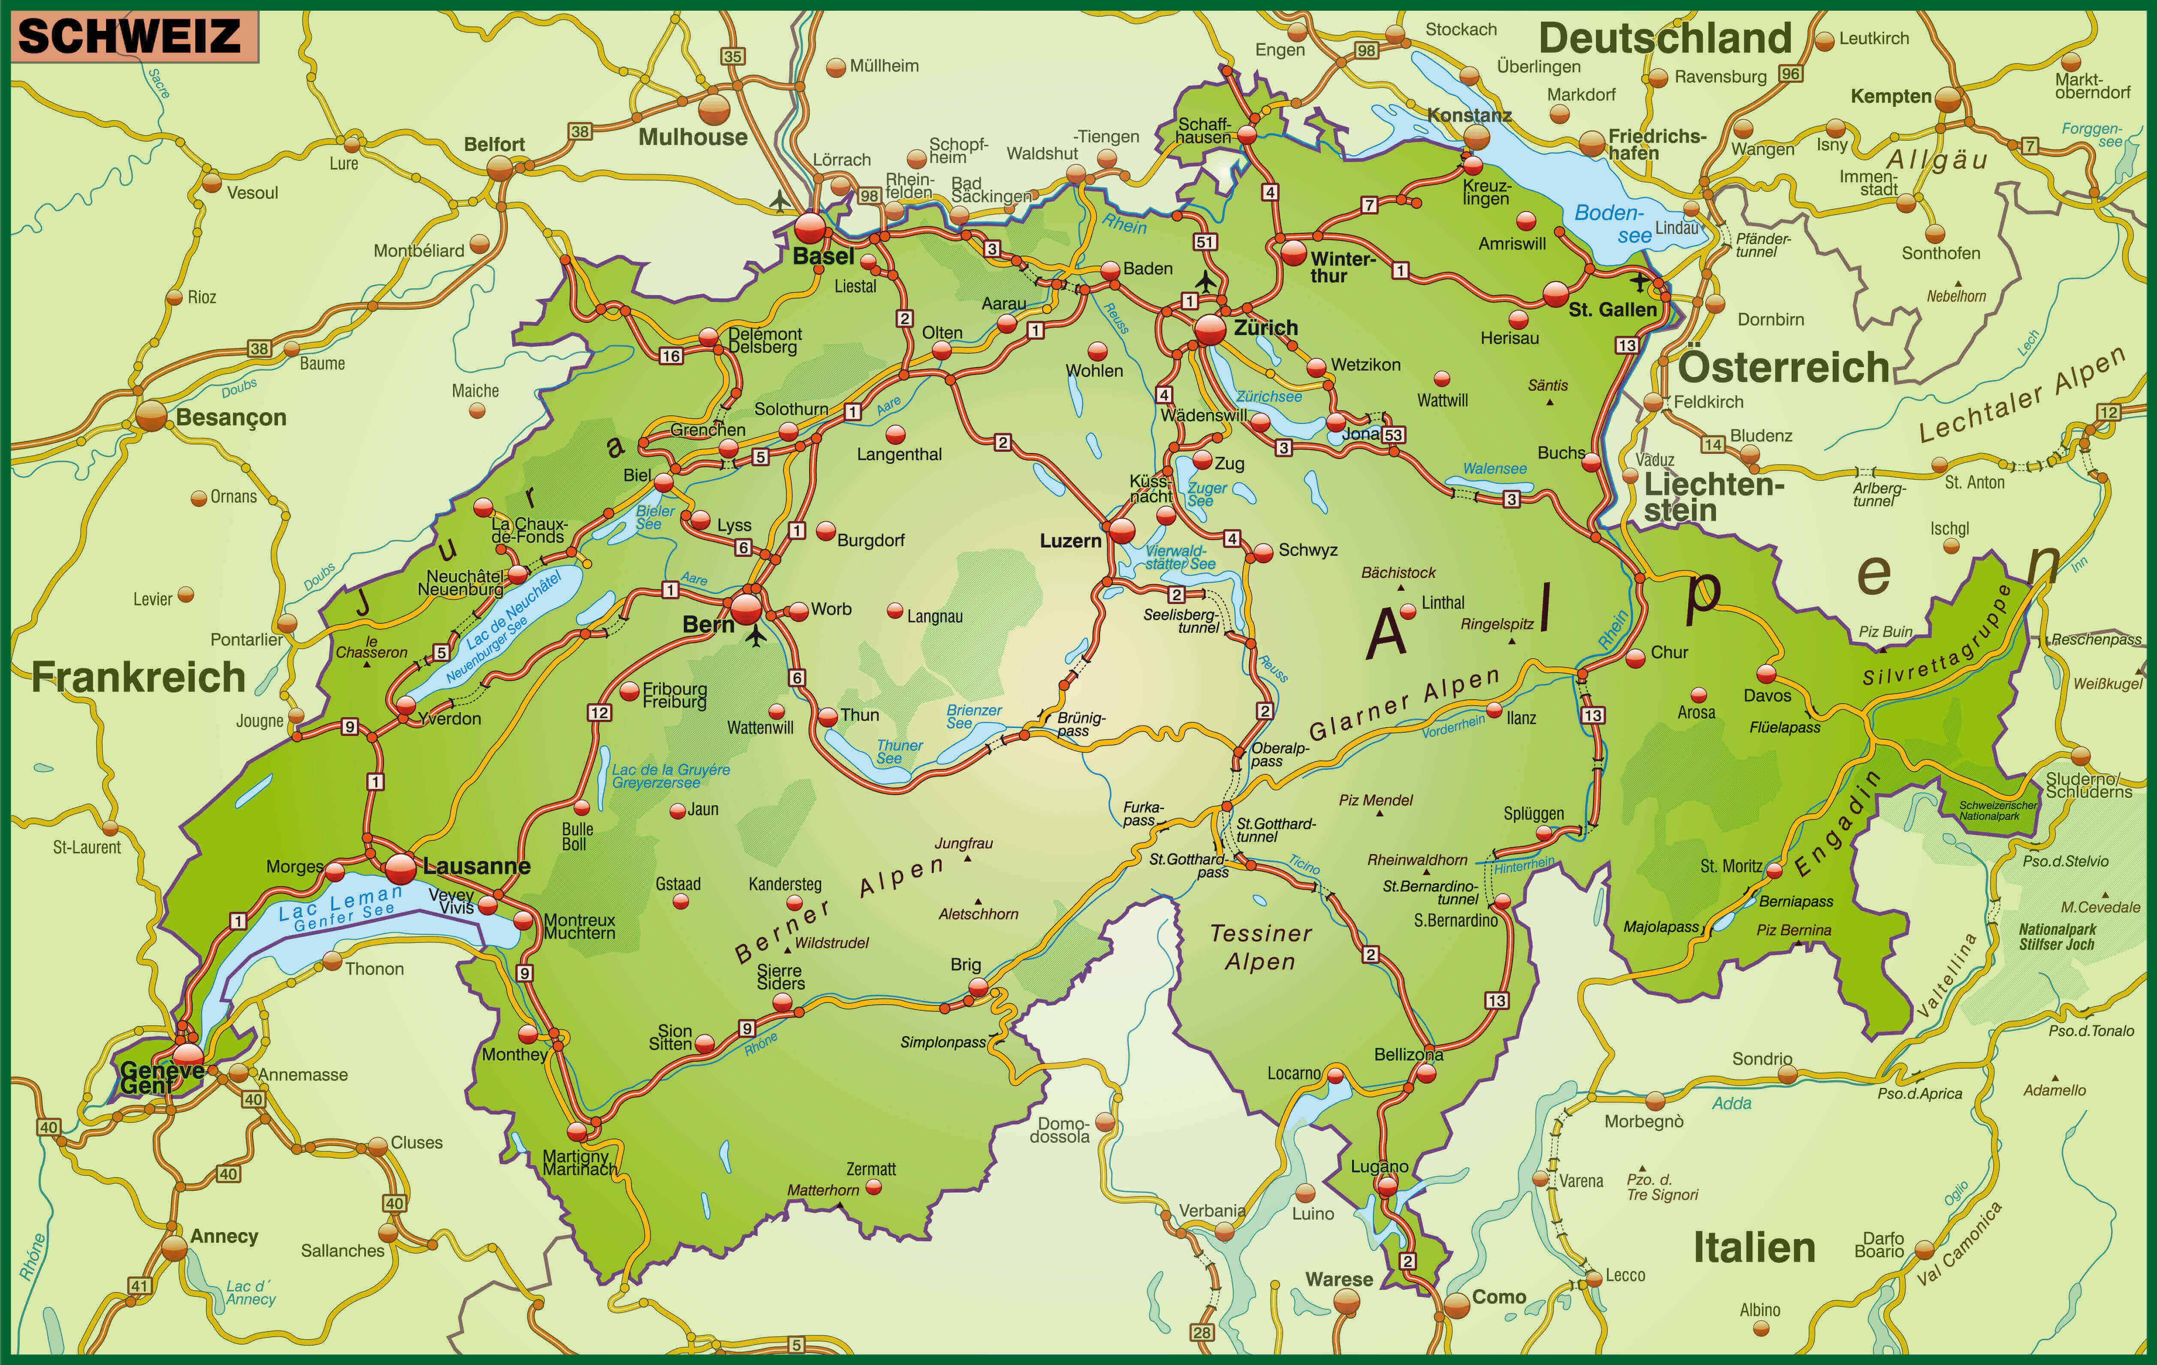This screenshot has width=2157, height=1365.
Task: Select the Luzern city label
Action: pos(1070,541)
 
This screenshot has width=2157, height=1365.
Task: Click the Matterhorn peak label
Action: pos(822,1190)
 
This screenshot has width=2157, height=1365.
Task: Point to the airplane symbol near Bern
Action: pos(757,636)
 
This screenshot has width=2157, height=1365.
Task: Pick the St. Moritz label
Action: pos(1731,866)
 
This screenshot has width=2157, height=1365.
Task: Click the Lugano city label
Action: pos(1380,1166)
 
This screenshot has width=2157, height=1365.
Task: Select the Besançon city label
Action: pos(231,417)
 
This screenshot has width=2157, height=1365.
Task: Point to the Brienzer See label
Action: pos(974,716)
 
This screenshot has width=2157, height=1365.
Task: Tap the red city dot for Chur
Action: pos(1636,658)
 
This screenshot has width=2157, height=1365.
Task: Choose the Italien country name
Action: pos(1754,1247)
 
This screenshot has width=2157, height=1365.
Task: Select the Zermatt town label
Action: pos(871,1169)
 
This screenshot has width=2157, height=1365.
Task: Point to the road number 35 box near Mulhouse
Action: pos(733,57)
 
